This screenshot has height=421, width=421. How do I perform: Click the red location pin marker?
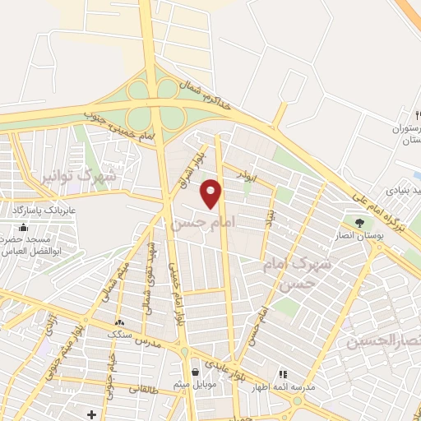211,194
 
